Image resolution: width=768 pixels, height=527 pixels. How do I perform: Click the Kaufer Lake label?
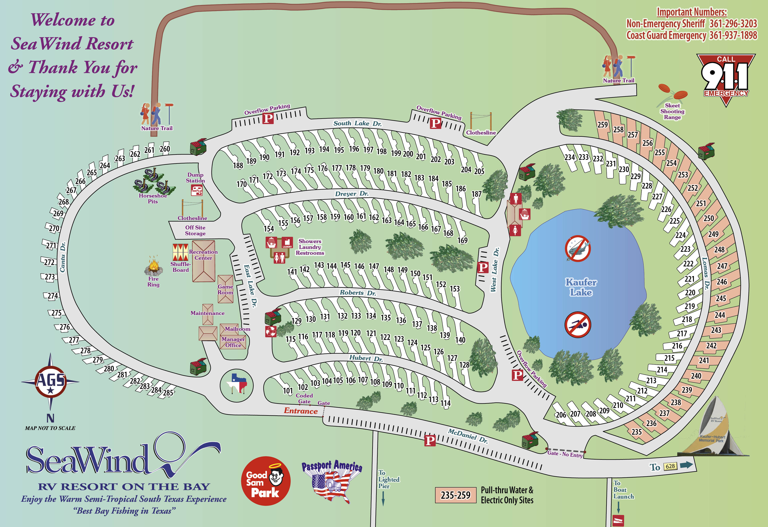[581, 287]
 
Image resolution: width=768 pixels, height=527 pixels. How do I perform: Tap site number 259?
[602, 124]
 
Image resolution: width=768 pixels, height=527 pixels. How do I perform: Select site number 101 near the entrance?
[288, 391]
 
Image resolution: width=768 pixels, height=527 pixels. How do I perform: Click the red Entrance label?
[301, 411]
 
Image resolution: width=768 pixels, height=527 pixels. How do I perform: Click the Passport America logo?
[332, 481]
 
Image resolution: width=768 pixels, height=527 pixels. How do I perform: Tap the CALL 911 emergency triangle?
[726, 78]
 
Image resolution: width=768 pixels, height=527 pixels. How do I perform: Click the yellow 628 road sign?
[670, 466]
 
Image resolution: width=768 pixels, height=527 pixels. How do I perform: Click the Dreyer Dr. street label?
[352, 194]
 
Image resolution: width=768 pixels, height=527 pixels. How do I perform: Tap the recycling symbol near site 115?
[271, 331]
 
